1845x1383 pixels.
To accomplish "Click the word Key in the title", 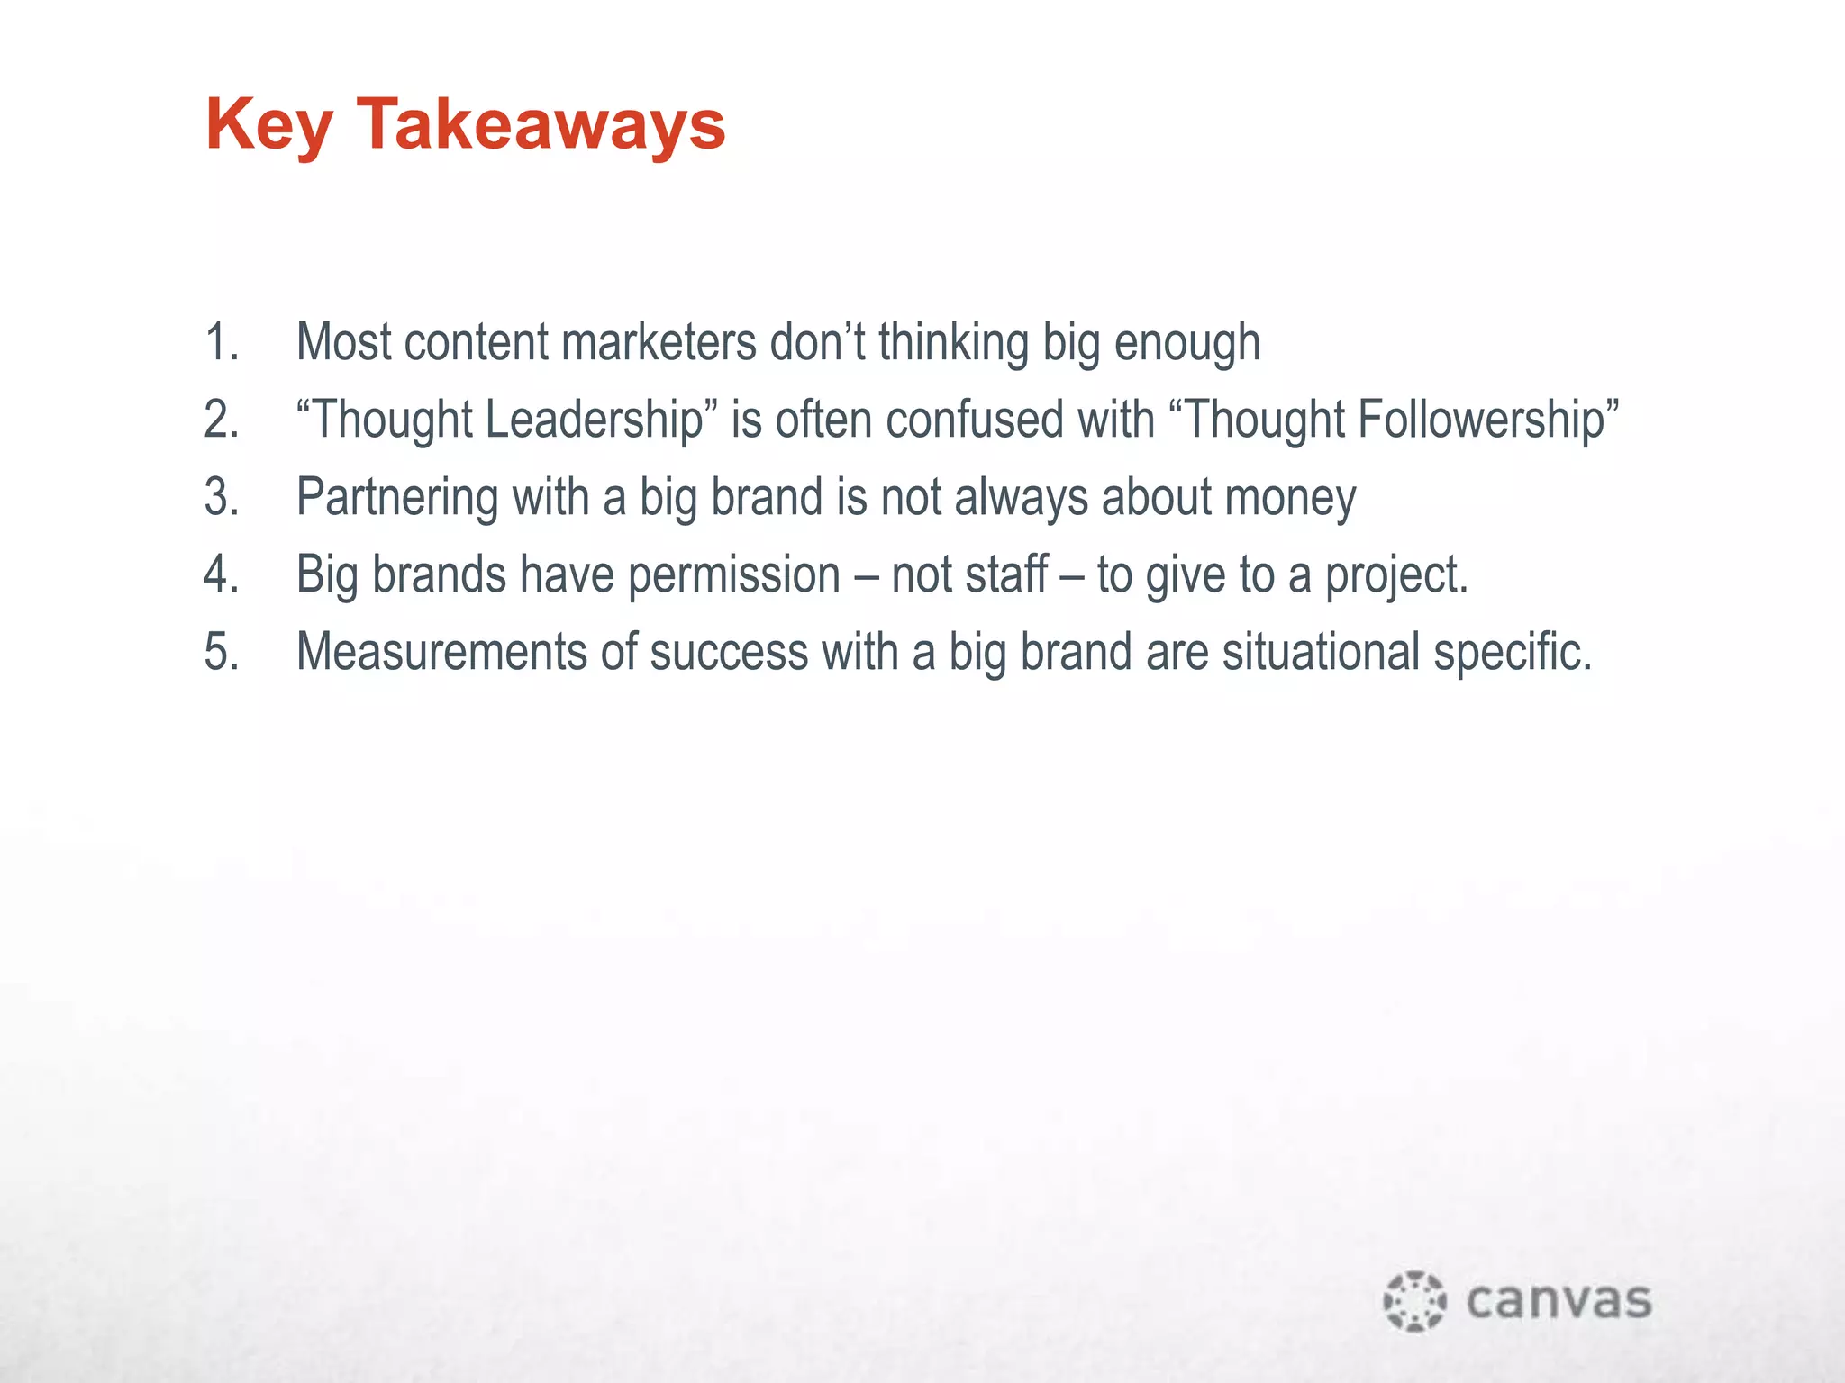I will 268,126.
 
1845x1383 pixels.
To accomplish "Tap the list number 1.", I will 221,343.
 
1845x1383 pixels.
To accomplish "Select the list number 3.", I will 222,497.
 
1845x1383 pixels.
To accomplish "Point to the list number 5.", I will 222,652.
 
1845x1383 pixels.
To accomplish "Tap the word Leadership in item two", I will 594,420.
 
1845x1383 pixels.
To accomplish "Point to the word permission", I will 733,576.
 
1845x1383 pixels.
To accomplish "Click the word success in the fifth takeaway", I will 729,652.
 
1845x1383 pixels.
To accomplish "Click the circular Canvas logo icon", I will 1414,1300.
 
